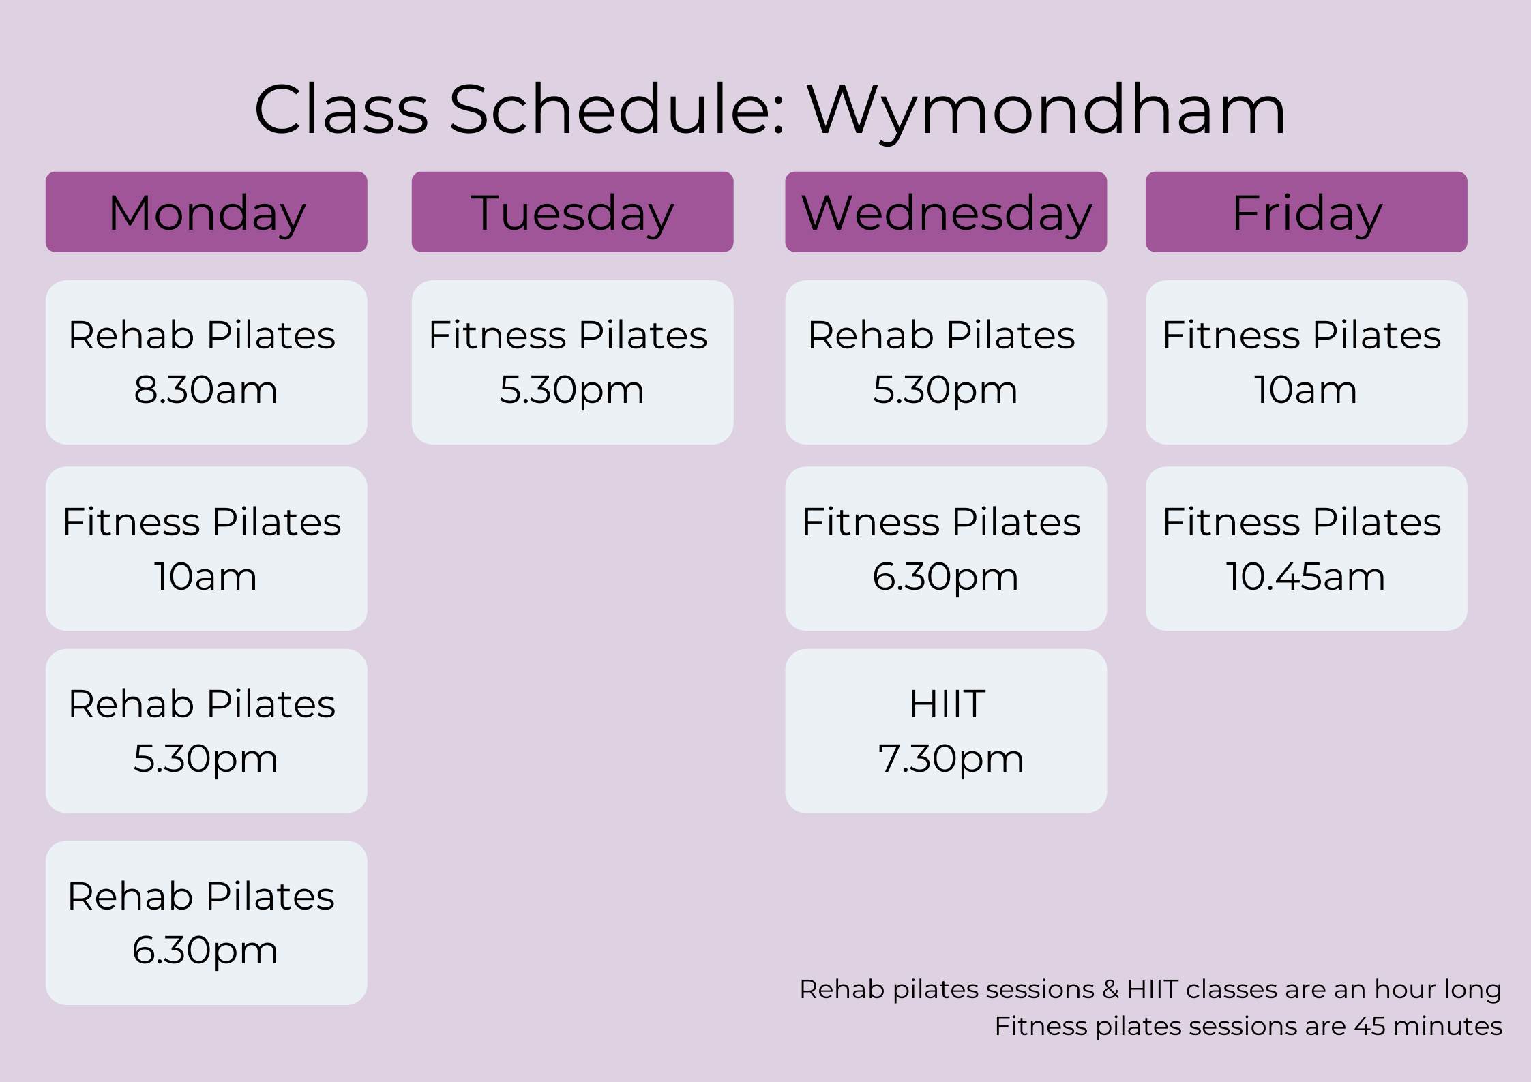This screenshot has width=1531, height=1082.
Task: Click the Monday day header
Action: tap(207, 212)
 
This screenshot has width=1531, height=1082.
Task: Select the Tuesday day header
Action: tap(572, 212)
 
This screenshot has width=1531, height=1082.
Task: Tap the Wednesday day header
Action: tap(946, 212)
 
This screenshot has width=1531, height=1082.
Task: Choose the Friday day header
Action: tap(1306, 212)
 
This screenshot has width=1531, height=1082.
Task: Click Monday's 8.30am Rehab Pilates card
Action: tap(207, 362)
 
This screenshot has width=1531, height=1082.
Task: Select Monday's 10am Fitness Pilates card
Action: tap(207, 548)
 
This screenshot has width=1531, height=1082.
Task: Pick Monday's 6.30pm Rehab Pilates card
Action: tap(207, 922)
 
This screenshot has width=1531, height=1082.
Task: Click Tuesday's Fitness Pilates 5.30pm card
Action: tap(572, 362)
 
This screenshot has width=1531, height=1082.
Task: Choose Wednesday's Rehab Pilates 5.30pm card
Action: tap(946, 362)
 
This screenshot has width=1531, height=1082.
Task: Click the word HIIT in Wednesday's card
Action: tap(947, 704)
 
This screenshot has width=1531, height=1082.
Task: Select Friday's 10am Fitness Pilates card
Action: tap(1306, 362)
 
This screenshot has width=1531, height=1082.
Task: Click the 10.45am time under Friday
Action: tap(1305, 577)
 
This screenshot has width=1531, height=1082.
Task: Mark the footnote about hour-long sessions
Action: tap(1150, 989)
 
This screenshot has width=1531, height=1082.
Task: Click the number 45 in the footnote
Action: tap(1370, 1026)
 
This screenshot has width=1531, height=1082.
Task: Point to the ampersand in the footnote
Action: tap(1111, 989)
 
